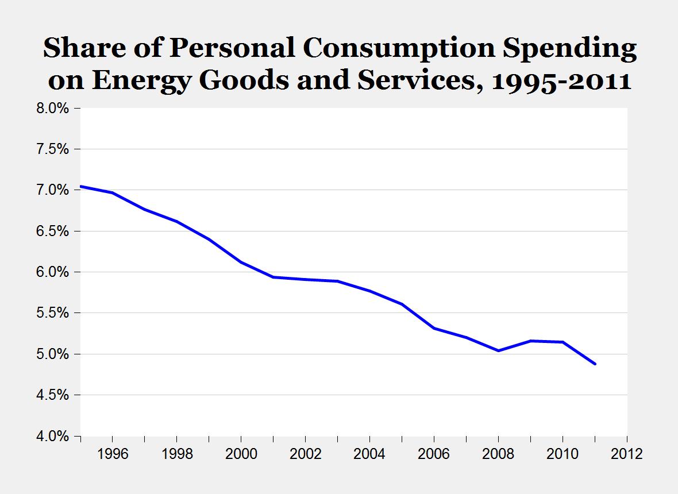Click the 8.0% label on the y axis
53,108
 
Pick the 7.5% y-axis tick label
53,149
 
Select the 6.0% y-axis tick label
53,272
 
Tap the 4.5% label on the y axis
53,395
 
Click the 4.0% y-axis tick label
53,436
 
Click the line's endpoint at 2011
595,364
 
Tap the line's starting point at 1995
81,186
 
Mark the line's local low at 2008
499,350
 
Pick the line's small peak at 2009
531,341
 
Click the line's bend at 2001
273,277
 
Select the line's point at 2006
434,328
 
